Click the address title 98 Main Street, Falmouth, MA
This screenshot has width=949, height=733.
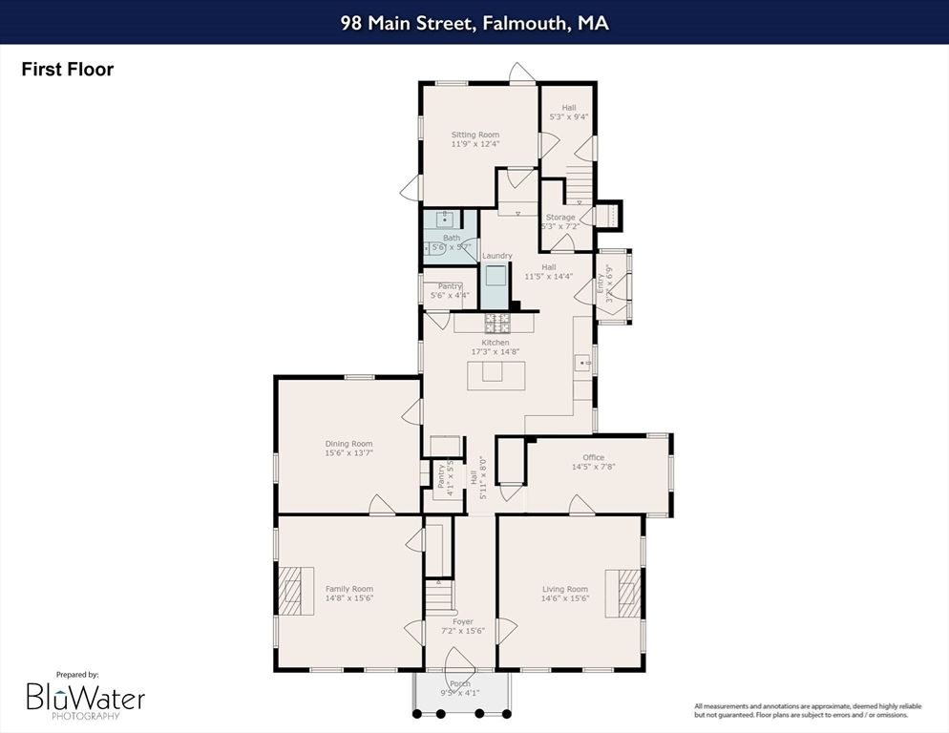point(474,23)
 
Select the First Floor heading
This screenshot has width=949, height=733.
point(68,70)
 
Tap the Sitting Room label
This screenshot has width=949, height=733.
point(475,136)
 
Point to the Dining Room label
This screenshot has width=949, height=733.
point(348,444)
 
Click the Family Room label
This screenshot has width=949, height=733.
point(349,589)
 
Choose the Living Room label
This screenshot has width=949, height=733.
point(565,589)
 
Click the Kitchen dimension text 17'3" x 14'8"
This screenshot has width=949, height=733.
point(495,352)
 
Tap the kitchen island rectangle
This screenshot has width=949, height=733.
point(496,374)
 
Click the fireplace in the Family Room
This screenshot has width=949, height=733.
point(296,592)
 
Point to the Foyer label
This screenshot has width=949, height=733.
point(463,621)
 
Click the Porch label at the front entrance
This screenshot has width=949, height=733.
point(461,683)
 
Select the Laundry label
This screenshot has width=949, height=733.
point(496,256)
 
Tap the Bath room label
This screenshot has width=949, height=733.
point(451,238)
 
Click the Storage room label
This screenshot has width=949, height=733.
point(560,218)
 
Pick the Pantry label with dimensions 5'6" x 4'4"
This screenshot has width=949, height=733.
point(450,286)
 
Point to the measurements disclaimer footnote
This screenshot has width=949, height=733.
point(808,709)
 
